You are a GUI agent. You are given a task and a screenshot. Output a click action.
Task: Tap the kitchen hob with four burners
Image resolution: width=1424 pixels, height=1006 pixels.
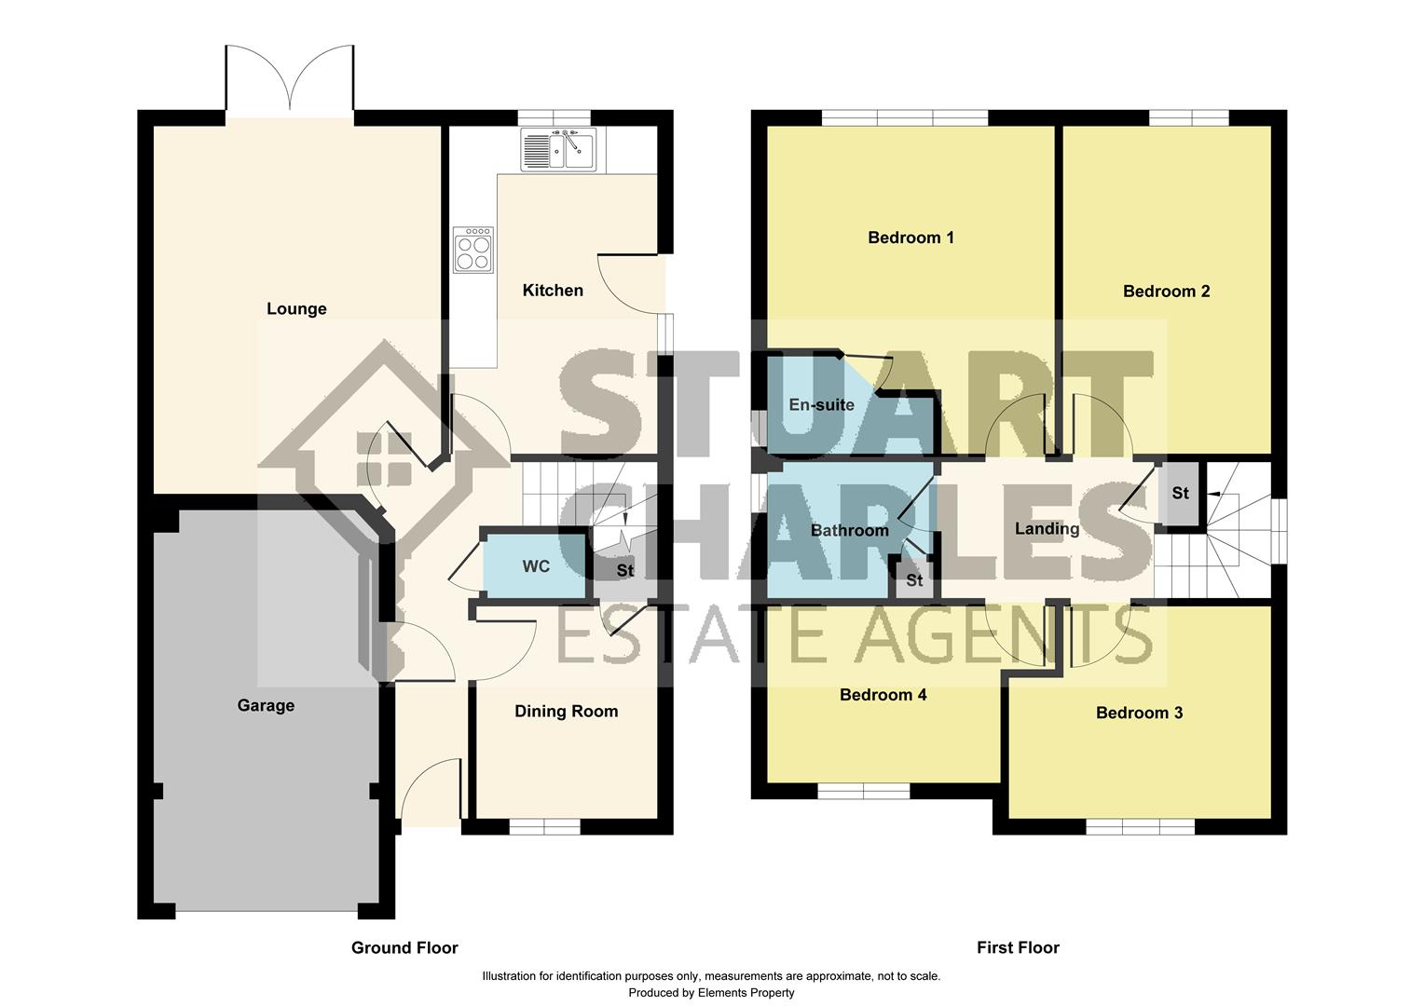click(x=473, y=250)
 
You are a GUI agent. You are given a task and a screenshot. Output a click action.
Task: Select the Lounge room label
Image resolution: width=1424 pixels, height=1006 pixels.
click(x=296, y=308)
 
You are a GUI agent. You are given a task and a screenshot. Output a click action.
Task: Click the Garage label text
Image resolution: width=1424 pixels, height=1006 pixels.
click(x=266, y=705)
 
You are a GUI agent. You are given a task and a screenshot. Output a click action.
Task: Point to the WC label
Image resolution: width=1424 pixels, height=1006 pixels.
click(x=536, y=566)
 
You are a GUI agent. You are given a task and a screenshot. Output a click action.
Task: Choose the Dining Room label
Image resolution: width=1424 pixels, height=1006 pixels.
click(x=566, y=712)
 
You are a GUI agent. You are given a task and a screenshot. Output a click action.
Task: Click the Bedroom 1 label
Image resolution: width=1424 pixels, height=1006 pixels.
click(x=911, y=238)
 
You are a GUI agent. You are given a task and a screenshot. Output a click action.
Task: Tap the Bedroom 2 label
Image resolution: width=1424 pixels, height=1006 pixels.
click(x=1166, y=292)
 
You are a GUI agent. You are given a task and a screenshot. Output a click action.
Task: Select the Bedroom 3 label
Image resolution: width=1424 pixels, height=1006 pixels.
click(x=1139, y=713)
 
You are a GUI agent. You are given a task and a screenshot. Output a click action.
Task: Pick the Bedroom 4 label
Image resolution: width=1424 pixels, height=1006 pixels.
click(x=883, y=695)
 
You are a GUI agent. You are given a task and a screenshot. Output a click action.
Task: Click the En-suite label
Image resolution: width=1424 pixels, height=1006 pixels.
click(x=821, y=405)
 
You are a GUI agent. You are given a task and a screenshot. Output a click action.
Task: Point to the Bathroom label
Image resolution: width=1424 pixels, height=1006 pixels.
click(x=849, y=531)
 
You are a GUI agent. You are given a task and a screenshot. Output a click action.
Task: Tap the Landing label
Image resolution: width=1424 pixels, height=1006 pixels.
click(x=1047, y=529)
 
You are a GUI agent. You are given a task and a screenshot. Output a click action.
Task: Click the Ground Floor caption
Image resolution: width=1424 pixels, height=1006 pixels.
click(x=404, y=947)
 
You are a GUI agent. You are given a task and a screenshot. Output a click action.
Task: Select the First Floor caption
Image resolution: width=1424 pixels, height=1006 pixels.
click(x=1018, y=947)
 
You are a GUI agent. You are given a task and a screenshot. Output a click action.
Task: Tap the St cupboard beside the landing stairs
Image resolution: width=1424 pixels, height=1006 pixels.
click(x=1180, y=493)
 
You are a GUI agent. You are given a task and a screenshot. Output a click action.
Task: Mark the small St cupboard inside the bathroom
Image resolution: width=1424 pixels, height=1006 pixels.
click(x=914, y=580)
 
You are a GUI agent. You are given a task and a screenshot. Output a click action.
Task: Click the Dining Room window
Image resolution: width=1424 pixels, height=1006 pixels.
click(x=544, y=825)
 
